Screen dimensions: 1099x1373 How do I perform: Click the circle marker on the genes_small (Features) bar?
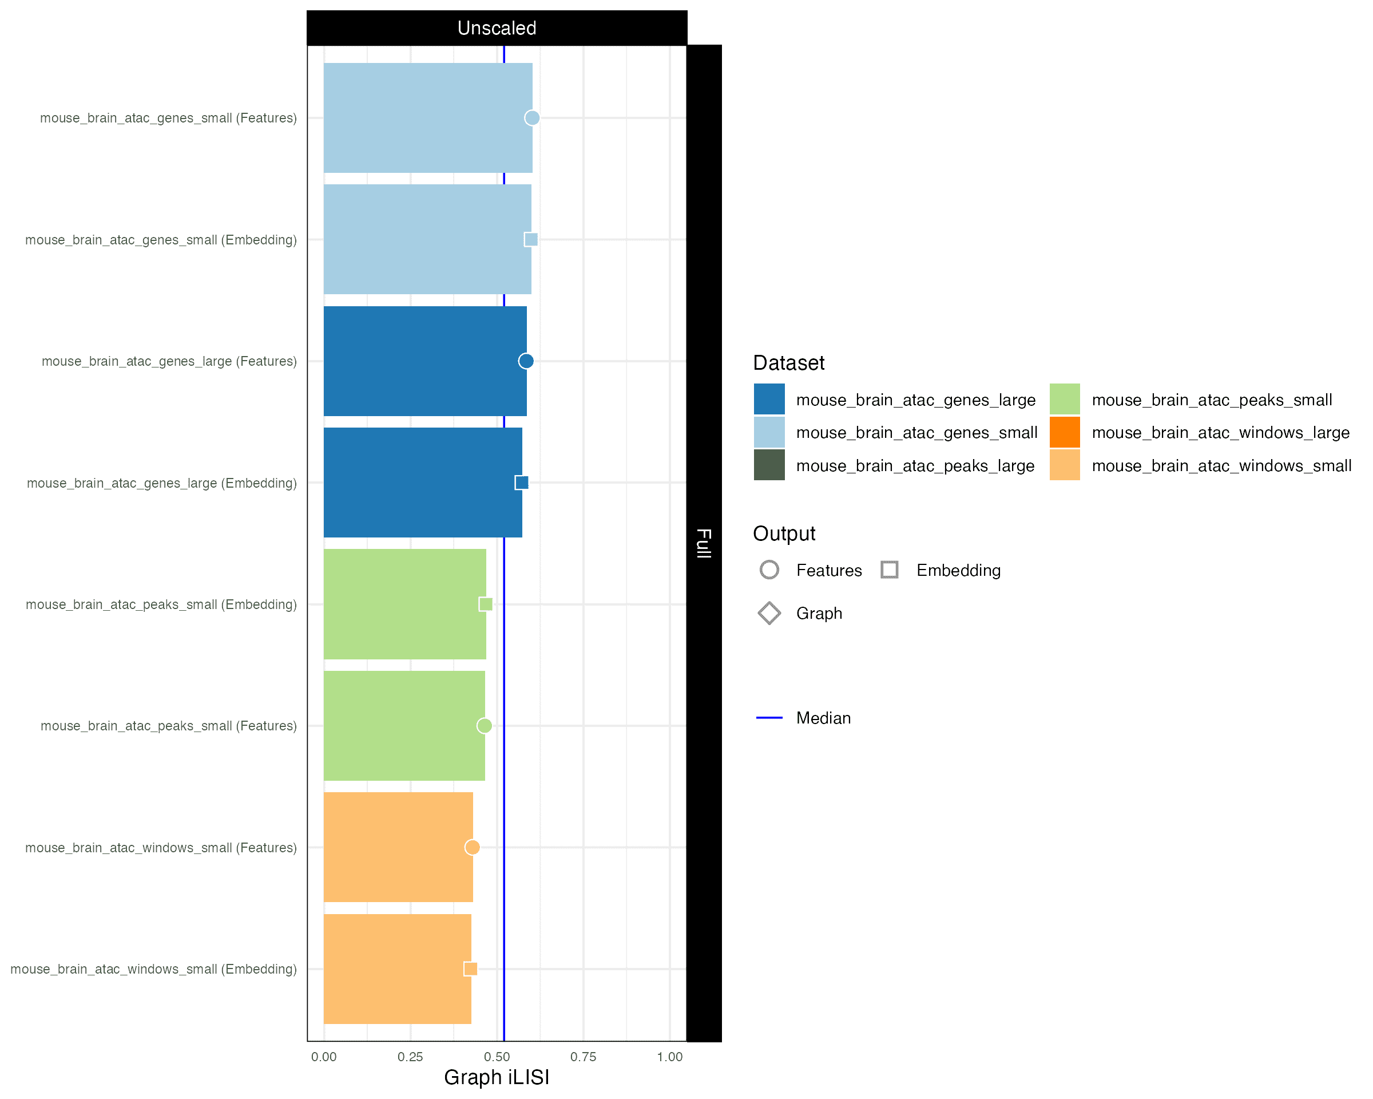click(x=531, y=118)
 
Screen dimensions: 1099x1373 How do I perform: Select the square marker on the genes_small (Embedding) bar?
click(x=530, y=240)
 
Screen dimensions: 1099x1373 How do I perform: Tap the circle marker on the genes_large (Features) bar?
click(x=525, y=361)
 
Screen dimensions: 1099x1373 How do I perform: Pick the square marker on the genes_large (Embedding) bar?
click(x=522, y=483)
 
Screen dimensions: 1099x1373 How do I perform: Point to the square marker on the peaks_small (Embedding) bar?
click(x=485, y=604)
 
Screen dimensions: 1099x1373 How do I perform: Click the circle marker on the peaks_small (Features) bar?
click(x=484, y=726)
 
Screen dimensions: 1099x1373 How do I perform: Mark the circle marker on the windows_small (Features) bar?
click(x=472, y=847)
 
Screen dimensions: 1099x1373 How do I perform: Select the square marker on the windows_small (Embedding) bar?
click(x=471, y=969)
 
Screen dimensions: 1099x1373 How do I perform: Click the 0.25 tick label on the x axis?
click(x=410, y=1057)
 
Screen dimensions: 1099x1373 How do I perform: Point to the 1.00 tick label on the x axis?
click(x=669, y=1057)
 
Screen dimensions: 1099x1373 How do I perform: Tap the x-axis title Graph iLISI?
click(x=496, y=1077)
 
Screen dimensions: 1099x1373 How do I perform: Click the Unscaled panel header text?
click(x=497, y=28)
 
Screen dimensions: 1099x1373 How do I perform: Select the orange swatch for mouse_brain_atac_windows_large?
click(x=1064, y=433)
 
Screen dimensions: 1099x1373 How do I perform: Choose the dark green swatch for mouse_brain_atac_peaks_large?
click(x=769, y=466)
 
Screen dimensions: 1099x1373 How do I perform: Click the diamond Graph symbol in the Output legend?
click(x=769, y=614)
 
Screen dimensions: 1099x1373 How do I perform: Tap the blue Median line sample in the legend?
click(x=769, y=718)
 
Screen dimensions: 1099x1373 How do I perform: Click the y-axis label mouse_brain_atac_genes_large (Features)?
click(x=169, y=361)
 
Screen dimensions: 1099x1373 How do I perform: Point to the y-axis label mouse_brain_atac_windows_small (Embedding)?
click(x=153, y=969)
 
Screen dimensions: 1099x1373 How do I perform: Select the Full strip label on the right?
click(x=704, y=543)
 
